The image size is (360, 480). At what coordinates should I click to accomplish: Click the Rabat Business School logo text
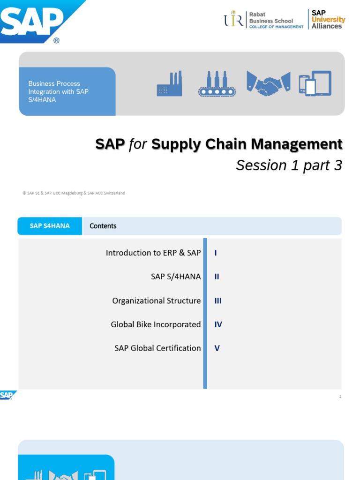point(271,21)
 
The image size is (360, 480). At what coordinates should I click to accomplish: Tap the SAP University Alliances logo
point(328,20)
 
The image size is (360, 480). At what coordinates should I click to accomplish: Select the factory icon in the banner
point(169,84)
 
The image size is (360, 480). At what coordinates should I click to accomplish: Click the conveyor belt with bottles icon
point(216,84)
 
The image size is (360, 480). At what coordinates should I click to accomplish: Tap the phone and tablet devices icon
point(315,83)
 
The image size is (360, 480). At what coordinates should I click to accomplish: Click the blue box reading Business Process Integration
point(67,91)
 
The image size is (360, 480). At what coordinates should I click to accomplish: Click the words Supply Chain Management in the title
point(247,144)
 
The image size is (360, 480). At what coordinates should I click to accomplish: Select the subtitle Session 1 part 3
point(289,165)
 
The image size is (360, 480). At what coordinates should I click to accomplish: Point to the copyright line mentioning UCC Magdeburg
point(74,193)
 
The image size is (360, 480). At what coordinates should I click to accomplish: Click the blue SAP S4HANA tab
point(50,226)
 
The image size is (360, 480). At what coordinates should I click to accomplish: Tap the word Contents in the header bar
point(103,226)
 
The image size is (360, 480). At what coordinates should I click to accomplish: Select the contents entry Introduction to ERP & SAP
point(153,253)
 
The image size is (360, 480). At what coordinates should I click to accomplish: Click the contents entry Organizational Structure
point(156,300)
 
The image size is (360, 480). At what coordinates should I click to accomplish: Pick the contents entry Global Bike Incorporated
point(156,324)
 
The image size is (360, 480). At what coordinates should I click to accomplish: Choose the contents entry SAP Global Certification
point(157,348)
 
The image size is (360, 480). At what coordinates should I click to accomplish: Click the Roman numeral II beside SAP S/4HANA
point(217,277)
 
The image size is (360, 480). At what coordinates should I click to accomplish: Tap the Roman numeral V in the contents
point(217,348)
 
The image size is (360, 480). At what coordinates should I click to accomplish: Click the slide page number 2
point(340,397)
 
